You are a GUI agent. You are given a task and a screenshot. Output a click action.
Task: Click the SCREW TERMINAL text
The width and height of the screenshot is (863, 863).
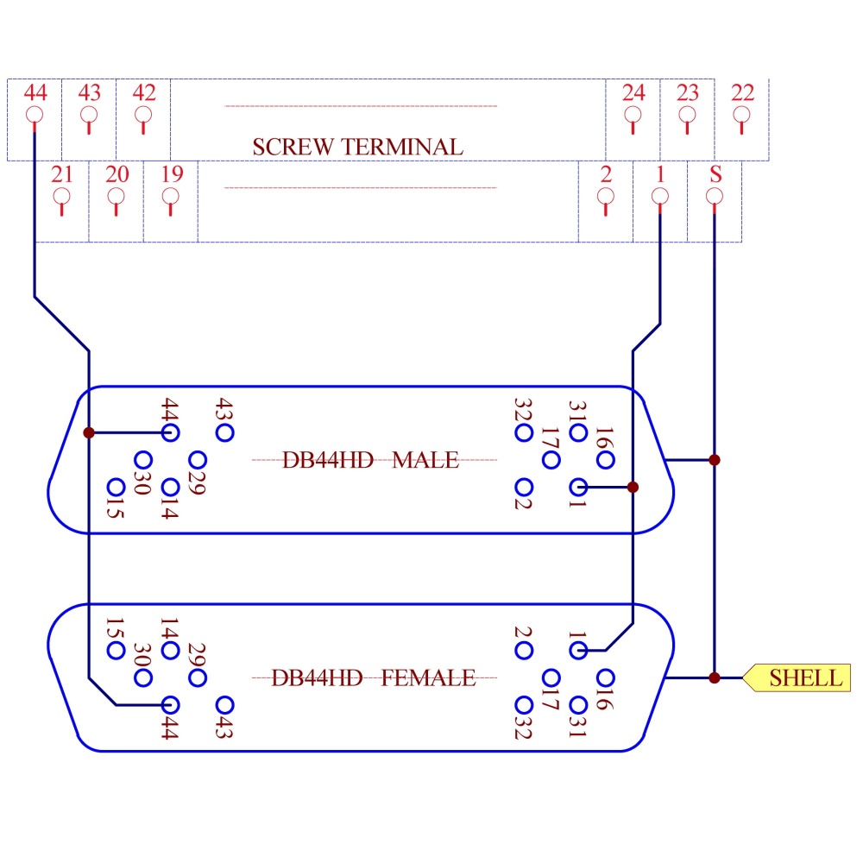click(x=357, y=147)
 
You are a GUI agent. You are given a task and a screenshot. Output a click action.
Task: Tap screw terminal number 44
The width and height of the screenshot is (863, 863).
click(x=35, y=114)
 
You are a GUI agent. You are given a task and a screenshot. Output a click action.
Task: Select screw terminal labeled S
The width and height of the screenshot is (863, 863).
click(x=715, y=196)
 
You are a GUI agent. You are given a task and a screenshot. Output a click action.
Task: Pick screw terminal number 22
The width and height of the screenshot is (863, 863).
click(x=742, y=114)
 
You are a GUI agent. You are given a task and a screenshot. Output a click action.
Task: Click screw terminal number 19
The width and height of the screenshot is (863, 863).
click(x=171, y=196)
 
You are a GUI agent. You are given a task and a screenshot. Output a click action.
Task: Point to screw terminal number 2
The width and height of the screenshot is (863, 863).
click(x=606, y=196)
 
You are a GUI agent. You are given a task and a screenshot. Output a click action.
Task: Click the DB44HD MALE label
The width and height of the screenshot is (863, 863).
click(x=371, y=460)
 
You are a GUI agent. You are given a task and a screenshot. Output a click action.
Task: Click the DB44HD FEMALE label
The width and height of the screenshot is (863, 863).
click(x=373, y=677)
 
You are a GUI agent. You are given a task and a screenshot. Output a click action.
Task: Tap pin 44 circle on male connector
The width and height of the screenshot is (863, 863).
click(x=171, y=432)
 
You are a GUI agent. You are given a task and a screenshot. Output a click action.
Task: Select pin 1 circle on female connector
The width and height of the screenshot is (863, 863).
click(x=578, y=650)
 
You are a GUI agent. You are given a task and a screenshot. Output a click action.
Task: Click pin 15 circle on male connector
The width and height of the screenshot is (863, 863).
click(x=115, y=488)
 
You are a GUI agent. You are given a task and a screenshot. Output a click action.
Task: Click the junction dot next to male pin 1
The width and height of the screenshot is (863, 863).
click(x=633, y=488)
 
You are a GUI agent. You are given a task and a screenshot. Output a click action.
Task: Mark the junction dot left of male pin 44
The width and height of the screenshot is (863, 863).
click(x=89, y=432)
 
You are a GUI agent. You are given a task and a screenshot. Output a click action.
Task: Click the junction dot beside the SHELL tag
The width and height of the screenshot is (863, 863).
click(x=714, y=677)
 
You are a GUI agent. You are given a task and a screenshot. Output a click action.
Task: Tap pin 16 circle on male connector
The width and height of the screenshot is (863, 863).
click(x=605, y=459)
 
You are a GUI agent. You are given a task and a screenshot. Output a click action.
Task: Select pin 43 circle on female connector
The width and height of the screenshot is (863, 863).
click(x=225, y=705)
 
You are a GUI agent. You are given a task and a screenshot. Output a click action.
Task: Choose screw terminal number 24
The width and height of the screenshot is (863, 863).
click(x=633, y=114)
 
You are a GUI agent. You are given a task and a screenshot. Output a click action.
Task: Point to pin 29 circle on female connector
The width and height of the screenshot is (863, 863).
click(x=198, y=677)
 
